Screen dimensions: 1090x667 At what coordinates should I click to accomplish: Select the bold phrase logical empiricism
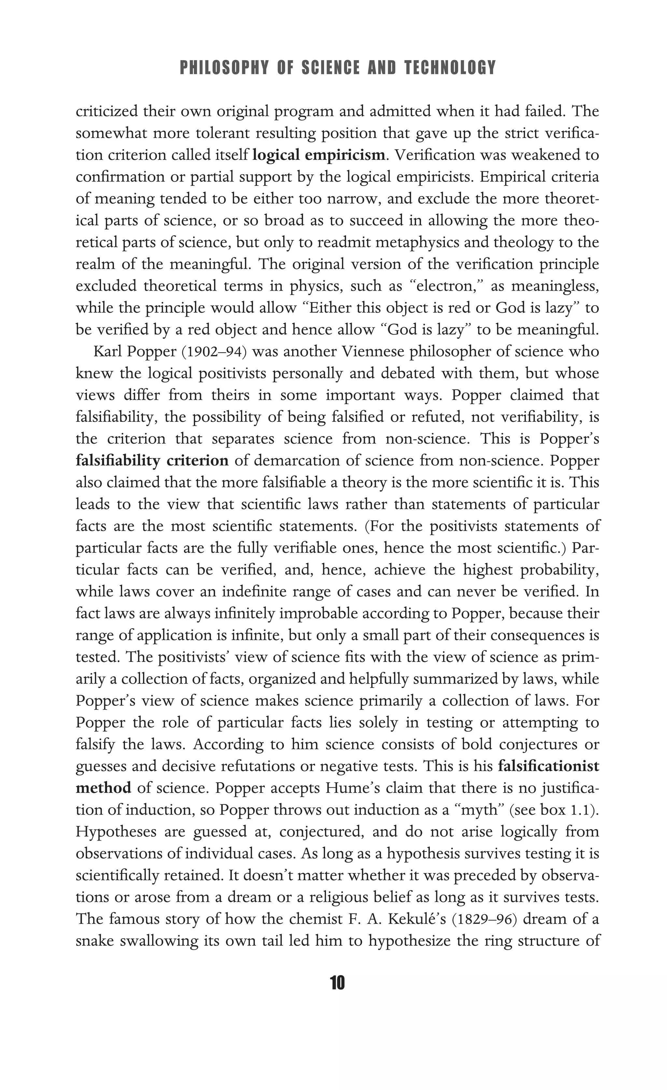point(319,155)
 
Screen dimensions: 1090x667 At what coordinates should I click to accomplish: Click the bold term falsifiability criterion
point(152,461)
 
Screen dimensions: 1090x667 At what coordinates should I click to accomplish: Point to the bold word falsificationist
point(548,766)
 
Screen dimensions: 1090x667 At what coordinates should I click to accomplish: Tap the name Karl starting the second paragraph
point(107,352)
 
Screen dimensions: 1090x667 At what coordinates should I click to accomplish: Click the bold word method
point(104,788)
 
